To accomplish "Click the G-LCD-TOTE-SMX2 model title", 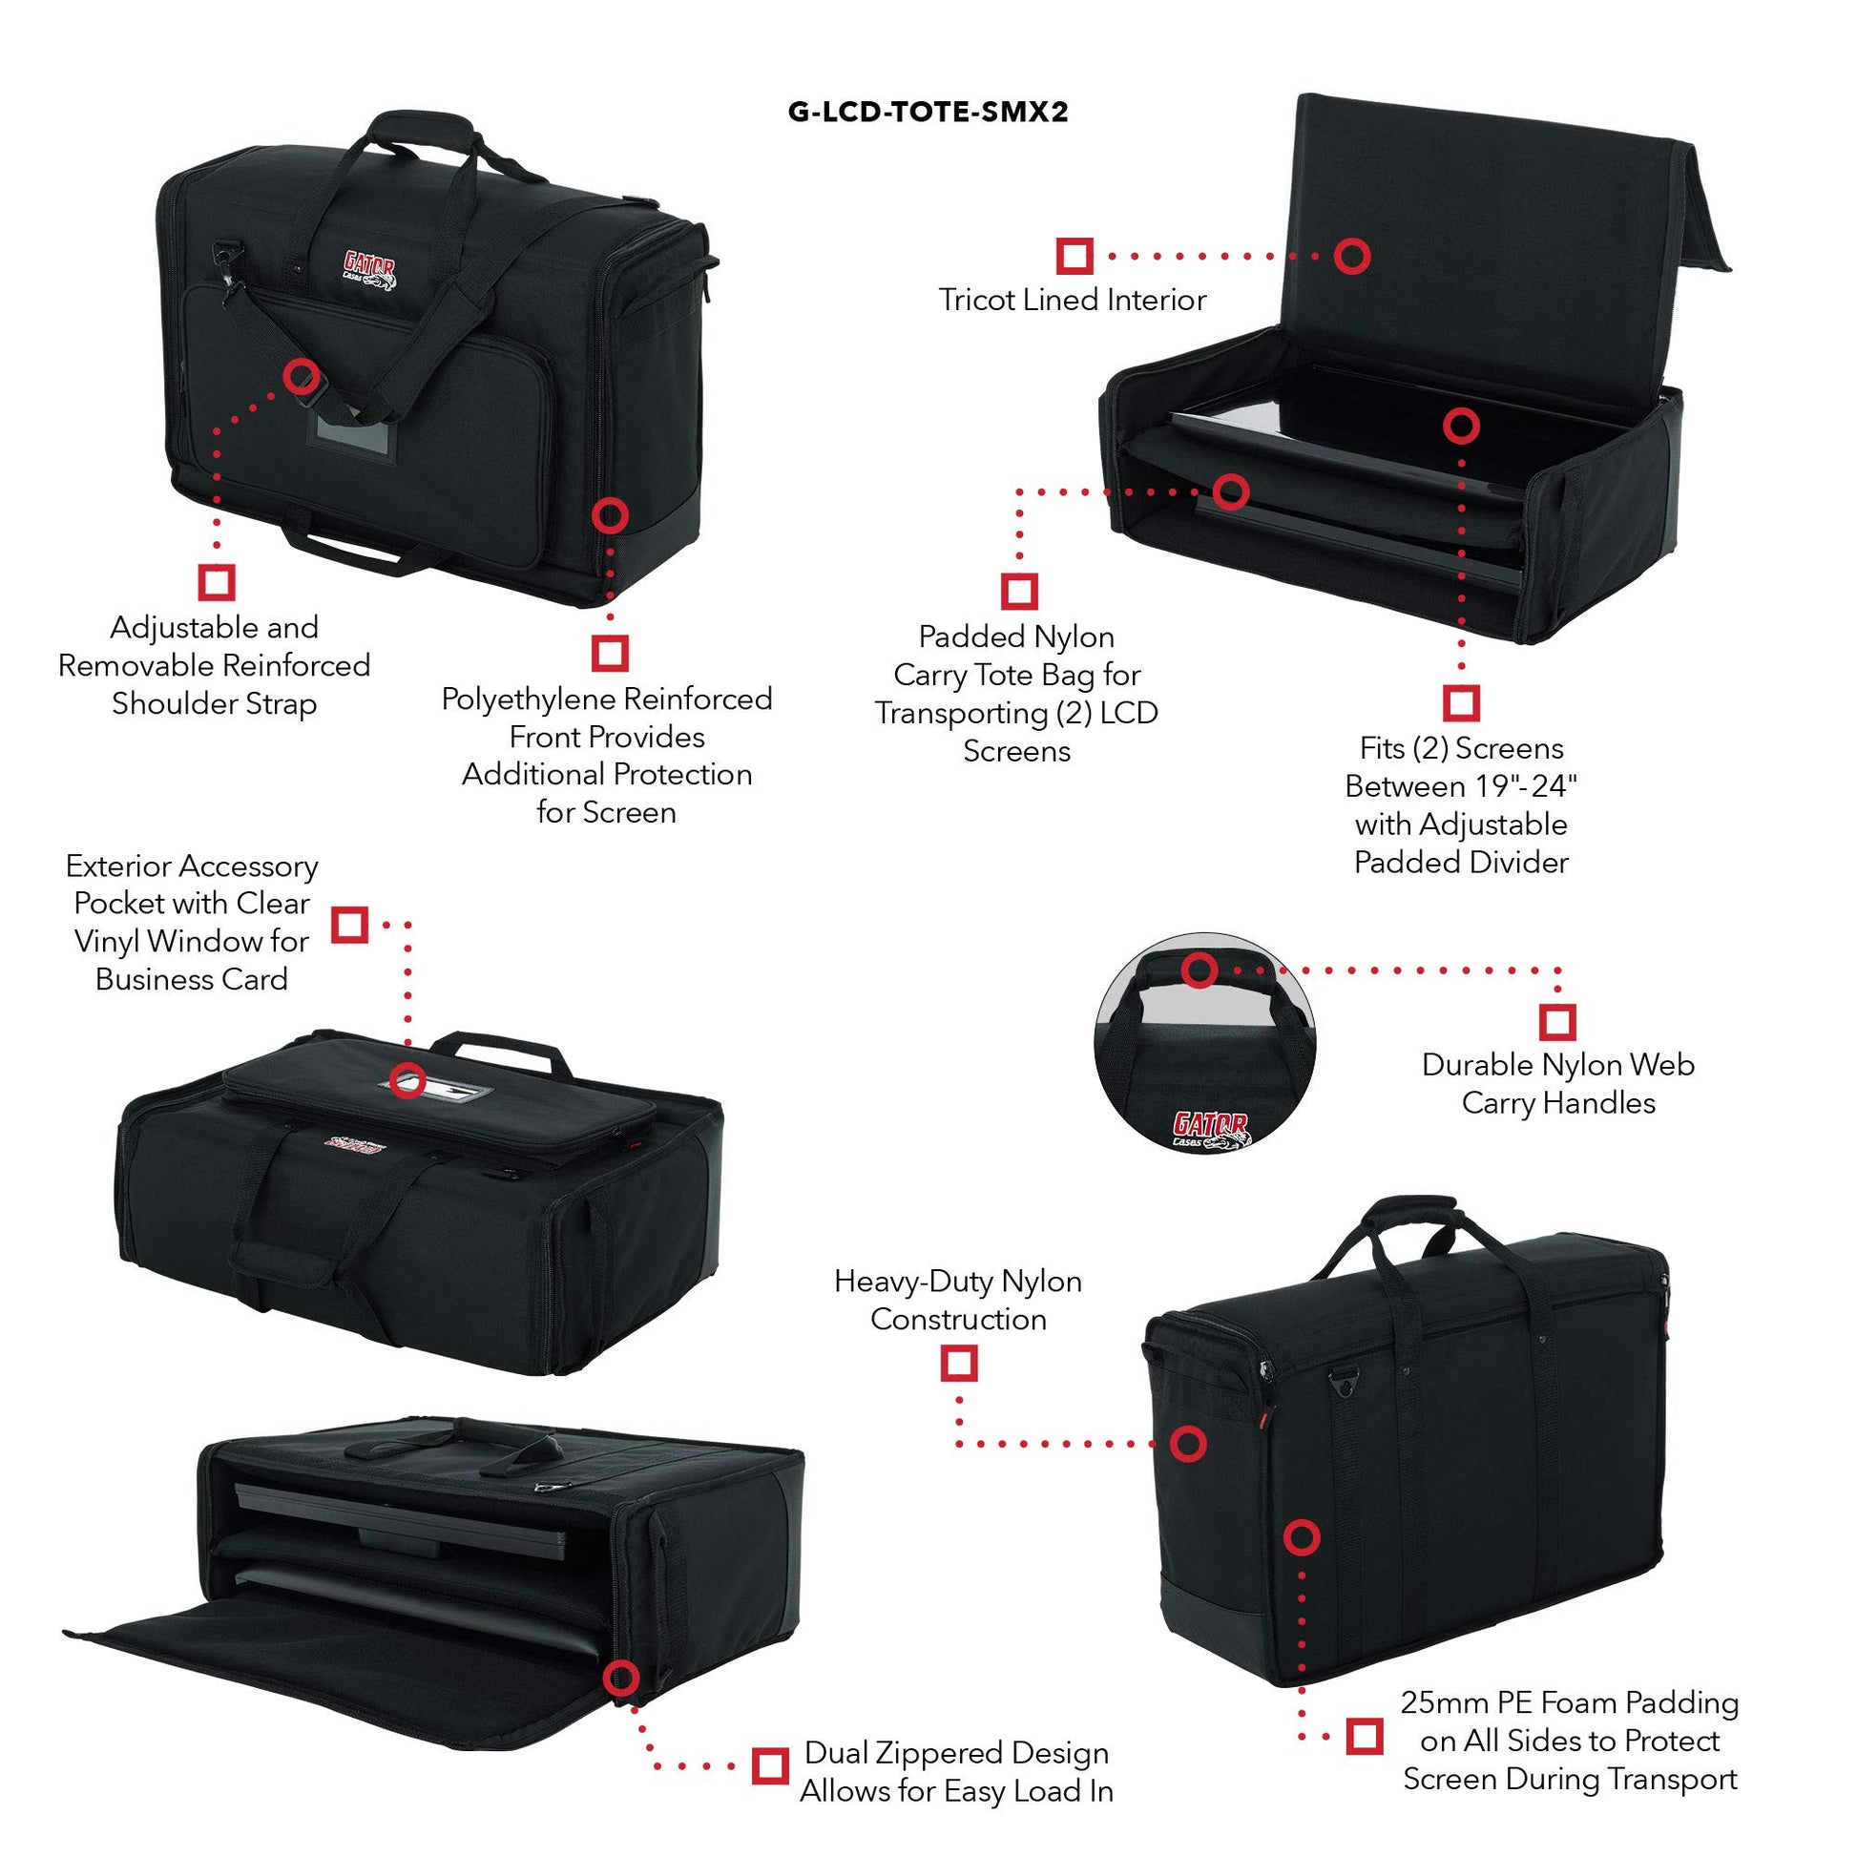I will pos(928,113).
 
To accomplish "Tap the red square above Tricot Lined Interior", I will pos(1075,256).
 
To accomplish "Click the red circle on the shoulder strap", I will pos(301,375).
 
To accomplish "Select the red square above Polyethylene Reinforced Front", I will pos(610,653).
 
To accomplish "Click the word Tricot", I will pos(976,300).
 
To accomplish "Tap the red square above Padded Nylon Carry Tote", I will pos(1019,591).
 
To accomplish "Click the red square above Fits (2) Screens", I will pos(1461,702).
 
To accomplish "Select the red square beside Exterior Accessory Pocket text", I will pos(350,925).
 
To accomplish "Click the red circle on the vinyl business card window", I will pos(408,1077).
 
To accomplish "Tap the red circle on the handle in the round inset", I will pos(1199,970).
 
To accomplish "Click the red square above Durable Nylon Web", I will pos(1557,1022).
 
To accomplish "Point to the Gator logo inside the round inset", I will pos(1210,1130).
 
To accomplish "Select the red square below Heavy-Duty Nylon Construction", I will pos(958,1362).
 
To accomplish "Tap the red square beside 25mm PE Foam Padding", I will pos(1364,1736).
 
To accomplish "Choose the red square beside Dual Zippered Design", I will pos(769,1764).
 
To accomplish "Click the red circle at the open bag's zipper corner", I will pos(621,1680).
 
